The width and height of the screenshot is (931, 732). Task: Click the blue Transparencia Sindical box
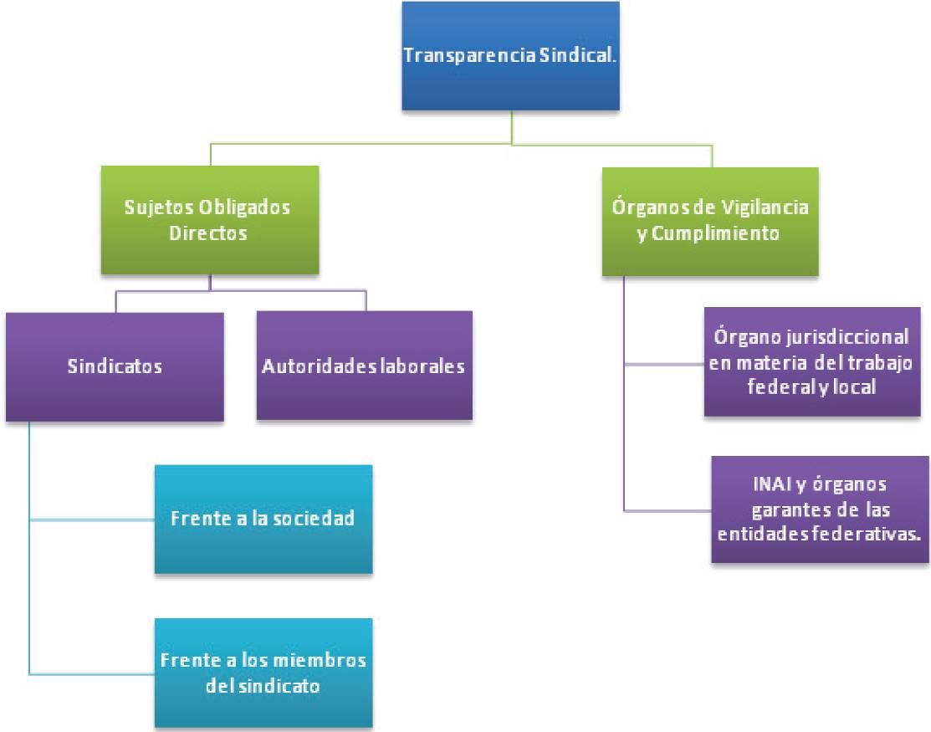pos(510,56)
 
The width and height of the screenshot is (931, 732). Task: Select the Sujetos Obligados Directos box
pos(210,220)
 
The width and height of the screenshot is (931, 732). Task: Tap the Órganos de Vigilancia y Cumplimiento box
pos(710,222)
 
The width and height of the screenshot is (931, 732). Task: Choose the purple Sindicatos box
pos(115,367)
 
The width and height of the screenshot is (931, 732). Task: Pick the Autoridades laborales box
pos(365,365)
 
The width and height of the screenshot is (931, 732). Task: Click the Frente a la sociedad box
pos(263,519)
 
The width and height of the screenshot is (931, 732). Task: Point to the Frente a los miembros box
pos(263,673)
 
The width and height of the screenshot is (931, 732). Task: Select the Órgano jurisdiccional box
pos(812,361)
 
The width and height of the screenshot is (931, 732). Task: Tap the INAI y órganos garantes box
pos(820,509)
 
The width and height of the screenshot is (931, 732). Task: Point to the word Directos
pos(207,233)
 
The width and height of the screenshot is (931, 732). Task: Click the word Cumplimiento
pos(715,233)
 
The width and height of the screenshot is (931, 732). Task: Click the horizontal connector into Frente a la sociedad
pos(92,520)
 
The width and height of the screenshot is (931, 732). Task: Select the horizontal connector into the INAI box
pos(668,510)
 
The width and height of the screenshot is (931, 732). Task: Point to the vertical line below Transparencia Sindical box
pos(511,127)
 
